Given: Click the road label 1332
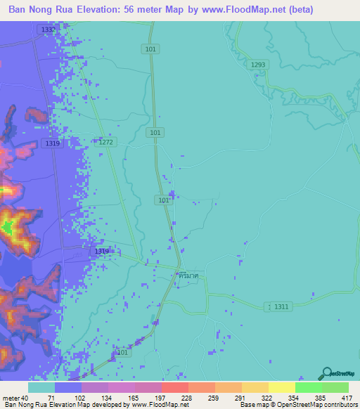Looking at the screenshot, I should [x=48, y=30].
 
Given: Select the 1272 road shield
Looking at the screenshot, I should [x=105, y=142].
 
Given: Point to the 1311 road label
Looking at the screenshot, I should [x=281, y=306].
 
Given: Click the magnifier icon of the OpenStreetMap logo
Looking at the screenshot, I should [x=326, y=372].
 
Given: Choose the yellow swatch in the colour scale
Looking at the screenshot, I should [x=281, y=387].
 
